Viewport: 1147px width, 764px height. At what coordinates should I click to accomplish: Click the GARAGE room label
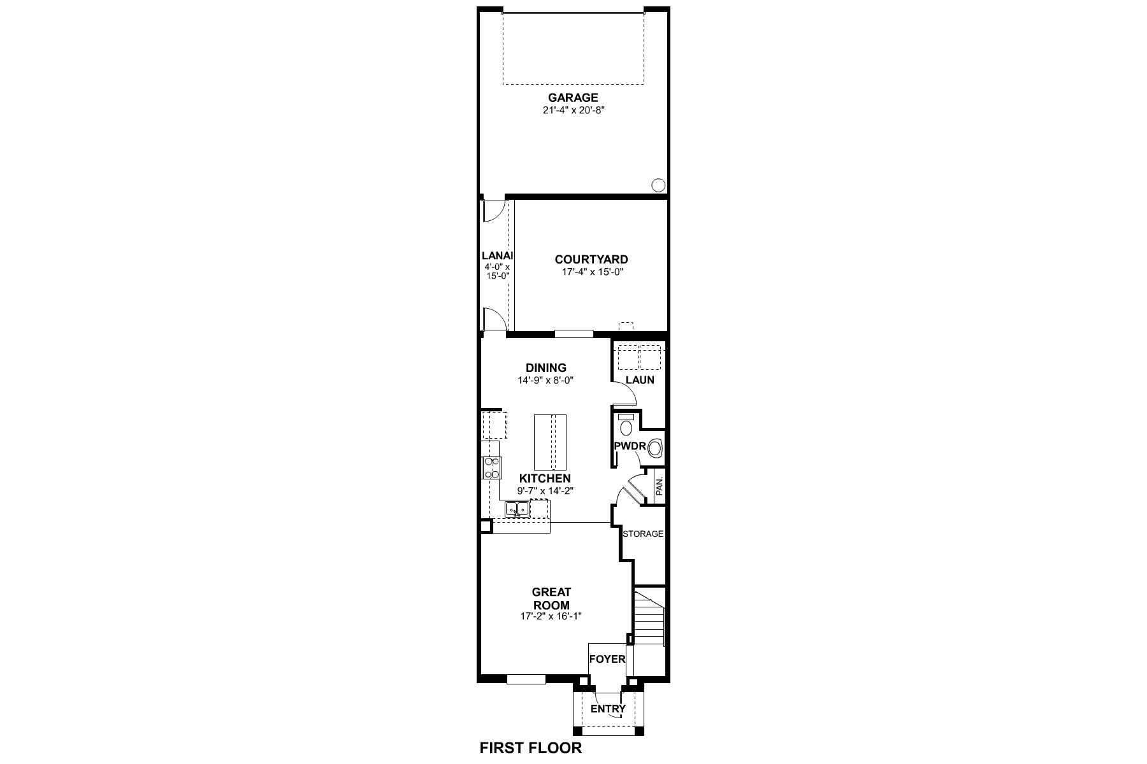(573, 97)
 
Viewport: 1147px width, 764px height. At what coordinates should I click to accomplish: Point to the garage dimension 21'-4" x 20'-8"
(573, 110)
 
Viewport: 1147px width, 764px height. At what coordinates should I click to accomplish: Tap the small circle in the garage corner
(658, 185)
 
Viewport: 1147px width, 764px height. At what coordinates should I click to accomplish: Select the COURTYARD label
(591, 259)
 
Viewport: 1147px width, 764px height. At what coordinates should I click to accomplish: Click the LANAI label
(497, 255)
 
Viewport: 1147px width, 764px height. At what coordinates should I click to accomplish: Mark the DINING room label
(546, 368)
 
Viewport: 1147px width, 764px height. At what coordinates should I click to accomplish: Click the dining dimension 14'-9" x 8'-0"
(546, 380)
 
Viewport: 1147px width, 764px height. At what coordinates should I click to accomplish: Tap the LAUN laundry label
(640, 380)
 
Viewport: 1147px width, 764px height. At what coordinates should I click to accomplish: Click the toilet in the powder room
(626, 426)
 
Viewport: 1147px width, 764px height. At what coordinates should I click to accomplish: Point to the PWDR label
(630, 446)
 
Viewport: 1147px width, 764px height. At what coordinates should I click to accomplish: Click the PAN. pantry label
(660, 487)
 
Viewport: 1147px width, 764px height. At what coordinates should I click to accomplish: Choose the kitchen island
(549, 441)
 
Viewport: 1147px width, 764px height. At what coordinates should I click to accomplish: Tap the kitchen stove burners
(491, 468)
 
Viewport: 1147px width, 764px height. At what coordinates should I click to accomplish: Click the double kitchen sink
(517, 509)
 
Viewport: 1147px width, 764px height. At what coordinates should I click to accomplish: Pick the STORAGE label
(642, 534)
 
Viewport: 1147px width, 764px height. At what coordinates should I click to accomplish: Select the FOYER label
(607, 659)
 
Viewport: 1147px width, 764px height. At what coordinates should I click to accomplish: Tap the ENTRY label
(608, 709)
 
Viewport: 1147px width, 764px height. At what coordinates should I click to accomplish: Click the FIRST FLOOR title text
(530, 747)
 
